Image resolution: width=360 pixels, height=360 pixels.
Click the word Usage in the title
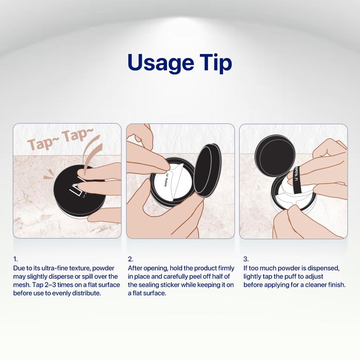(161, 63)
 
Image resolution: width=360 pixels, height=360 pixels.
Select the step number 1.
(15, 259)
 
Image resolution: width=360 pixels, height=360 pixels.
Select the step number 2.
(130, 259)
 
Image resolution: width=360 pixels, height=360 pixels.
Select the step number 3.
(246, 259)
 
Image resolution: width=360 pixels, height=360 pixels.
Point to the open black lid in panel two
(208, 170)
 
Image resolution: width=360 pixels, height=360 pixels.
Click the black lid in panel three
(275, 153)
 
